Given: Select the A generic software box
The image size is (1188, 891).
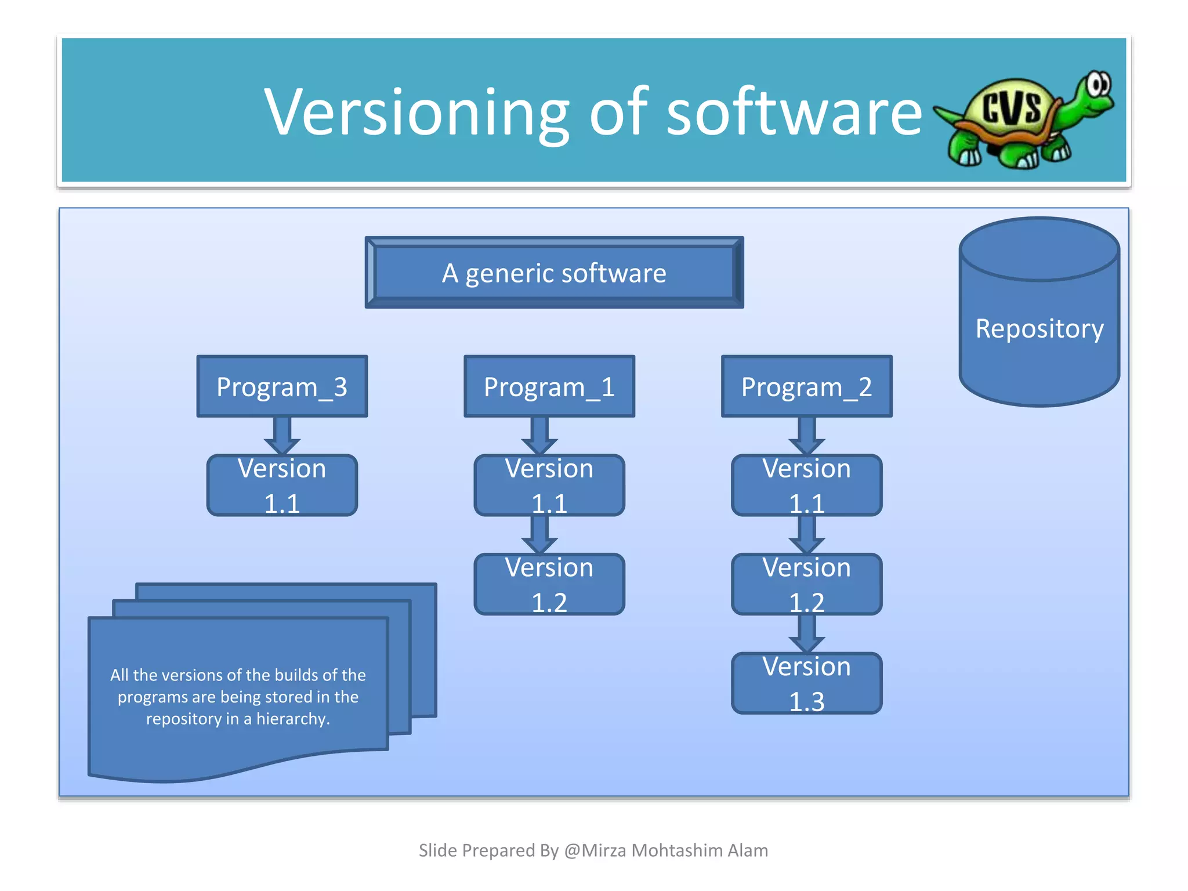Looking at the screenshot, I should point(554,273).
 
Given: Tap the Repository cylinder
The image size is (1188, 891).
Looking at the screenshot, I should point(1039,328).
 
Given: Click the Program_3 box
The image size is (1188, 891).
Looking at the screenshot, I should point(282,386).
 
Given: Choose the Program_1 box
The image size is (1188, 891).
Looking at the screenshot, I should point(549,386).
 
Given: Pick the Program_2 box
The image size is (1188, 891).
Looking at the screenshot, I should point(806,386).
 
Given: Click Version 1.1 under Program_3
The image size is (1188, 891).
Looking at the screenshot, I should point(282,486).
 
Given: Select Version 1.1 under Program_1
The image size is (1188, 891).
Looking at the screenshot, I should point(549,486).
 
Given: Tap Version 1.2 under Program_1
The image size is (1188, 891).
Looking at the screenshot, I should point(549,584).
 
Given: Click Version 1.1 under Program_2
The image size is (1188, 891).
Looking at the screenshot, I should point(806,486).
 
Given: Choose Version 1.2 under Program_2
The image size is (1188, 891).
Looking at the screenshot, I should point(806,584).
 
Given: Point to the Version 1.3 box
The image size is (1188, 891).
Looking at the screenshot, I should point(806,683).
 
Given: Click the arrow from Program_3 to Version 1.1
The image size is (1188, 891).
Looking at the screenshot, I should point(282,436).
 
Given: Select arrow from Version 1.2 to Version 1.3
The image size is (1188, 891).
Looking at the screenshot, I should point(806,633).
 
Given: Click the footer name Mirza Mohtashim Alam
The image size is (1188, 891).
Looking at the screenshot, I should point(674,850).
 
